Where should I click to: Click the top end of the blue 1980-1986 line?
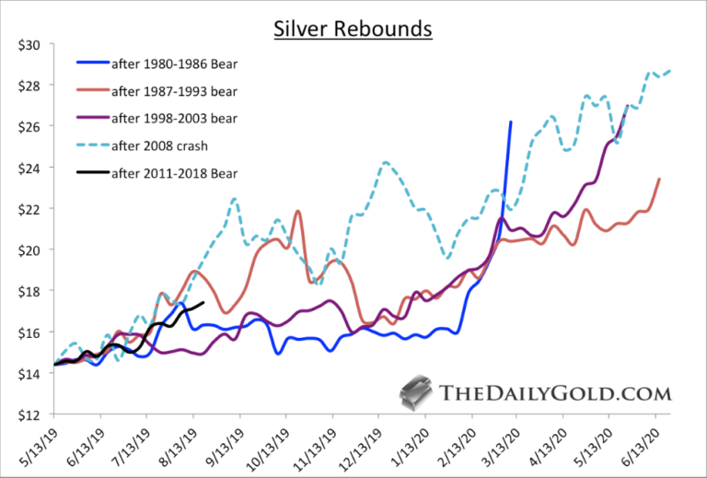511,122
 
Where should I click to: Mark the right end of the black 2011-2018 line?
203,302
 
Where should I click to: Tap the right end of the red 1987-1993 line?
658,180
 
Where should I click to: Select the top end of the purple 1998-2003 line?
627,106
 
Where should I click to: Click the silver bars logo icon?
413,393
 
